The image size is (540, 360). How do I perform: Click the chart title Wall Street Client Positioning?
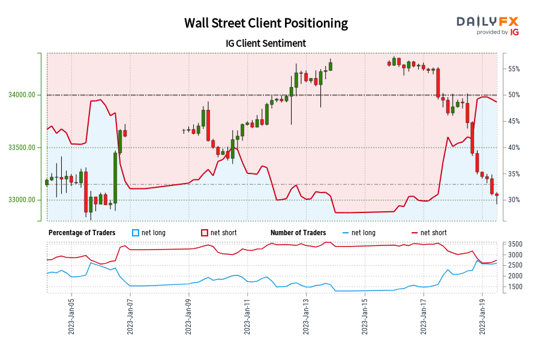pos(266,23)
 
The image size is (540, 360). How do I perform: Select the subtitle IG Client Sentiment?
pos(266,43)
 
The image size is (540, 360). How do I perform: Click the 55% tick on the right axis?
pos(514,69)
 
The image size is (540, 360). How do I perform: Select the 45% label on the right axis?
pos(514,121)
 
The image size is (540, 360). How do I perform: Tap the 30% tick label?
pos(514,200)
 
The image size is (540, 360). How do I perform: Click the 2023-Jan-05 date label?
pos(71,317)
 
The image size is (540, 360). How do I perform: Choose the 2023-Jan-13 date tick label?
pos(306,317)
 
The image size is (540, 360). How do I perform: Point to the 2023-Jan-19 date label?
pos(482,317)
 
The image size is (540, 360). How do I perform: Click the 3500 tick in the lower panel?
pos(516,244)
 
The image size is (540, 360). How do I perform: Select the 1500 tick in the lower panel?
pos(516,287)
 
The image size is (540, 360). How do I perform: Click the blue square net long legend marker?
pos(135,233)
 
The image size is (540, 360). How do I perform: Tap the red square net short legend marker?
pos(204,233)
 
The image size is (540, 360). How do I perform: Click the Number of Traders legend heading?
pos(298,233)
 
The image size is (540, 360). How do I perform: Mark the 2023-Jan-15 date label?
pos(365,317)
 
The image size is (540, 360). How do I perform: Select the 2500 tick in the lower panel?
pos(516,265)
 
